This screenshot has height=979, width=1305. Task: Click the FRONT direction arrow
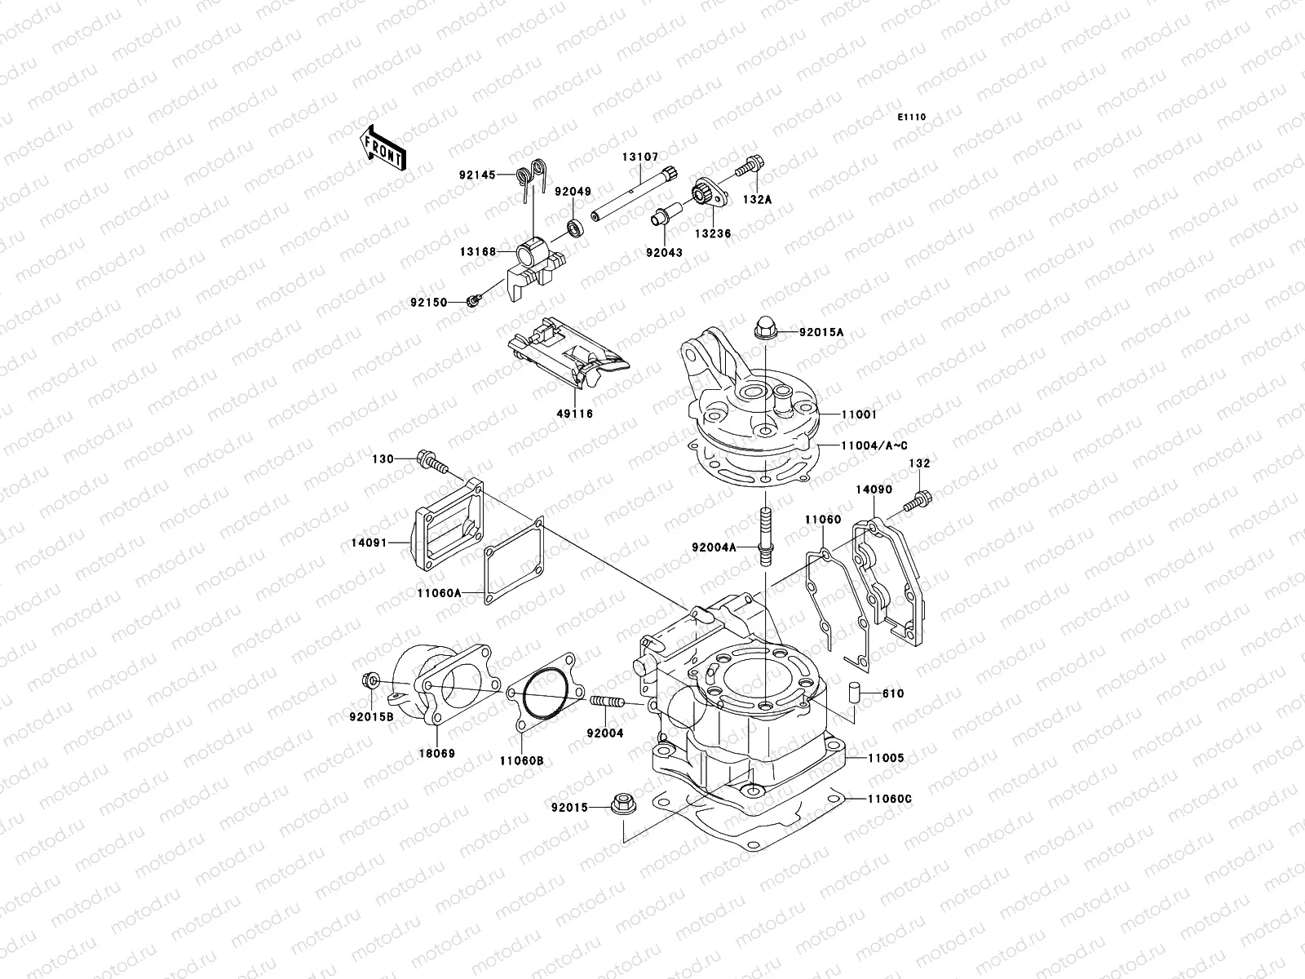[383, 148]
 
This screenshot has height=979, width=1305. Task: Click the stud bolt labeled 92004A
[766, 536]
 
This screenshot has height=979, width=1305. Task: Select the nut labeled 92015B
[369, 682]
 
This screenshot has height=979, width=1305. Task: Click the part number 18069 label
[439, 754]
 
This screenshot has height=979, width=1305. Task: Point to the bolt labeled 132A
[748, 168]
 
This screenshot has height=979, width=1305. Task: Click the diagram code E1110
[912, 117]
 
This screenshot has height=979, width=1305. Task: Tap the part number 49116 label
[576, 414]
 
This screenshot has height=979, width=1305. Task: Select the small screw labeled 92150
[472, 303]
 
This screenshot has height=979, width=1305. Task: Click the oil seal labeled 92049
[576, 227]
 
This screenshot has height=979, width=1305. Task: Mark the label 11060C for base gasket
[889, 799]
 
